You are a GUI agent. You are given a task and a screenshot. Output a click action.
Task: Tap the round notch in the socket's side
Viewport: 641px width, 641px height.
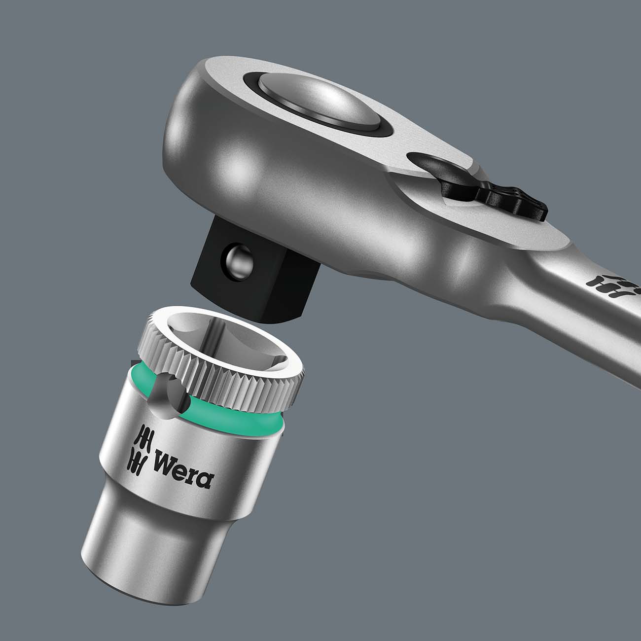click(168, 390)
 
